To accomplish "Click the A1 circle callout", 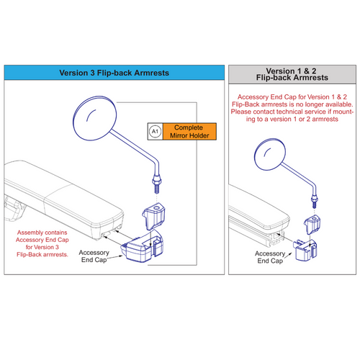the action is (155, 132).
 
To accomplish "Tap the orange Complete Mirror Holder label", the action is (189, 132).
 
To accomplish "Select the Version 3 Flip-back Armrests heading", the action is (114, 73).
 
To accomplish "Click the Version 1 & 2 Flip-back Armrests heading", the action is (292, 74).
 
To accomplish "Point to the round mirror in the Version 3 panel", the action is (95, 118).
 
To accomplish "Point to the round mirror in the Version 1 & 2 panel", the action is (270, 154).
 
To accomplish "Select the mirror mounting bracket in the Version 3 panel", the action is (154, 216).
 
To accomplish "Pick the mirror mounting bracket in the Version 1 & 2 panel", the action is (312, 225).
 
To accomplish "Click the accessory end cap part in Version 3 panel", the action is (143, 246).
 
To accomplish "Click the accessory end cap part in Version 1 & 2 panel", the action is (305, 250).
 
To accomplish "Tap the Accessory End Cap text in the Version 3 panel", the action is (94, 256).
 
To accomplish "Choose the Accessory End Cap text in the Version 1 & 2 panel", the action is (270, 257).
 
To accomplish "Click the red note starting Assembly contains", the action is (42, 243).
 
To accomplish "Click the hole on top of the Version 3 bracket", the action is (157, 207).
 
